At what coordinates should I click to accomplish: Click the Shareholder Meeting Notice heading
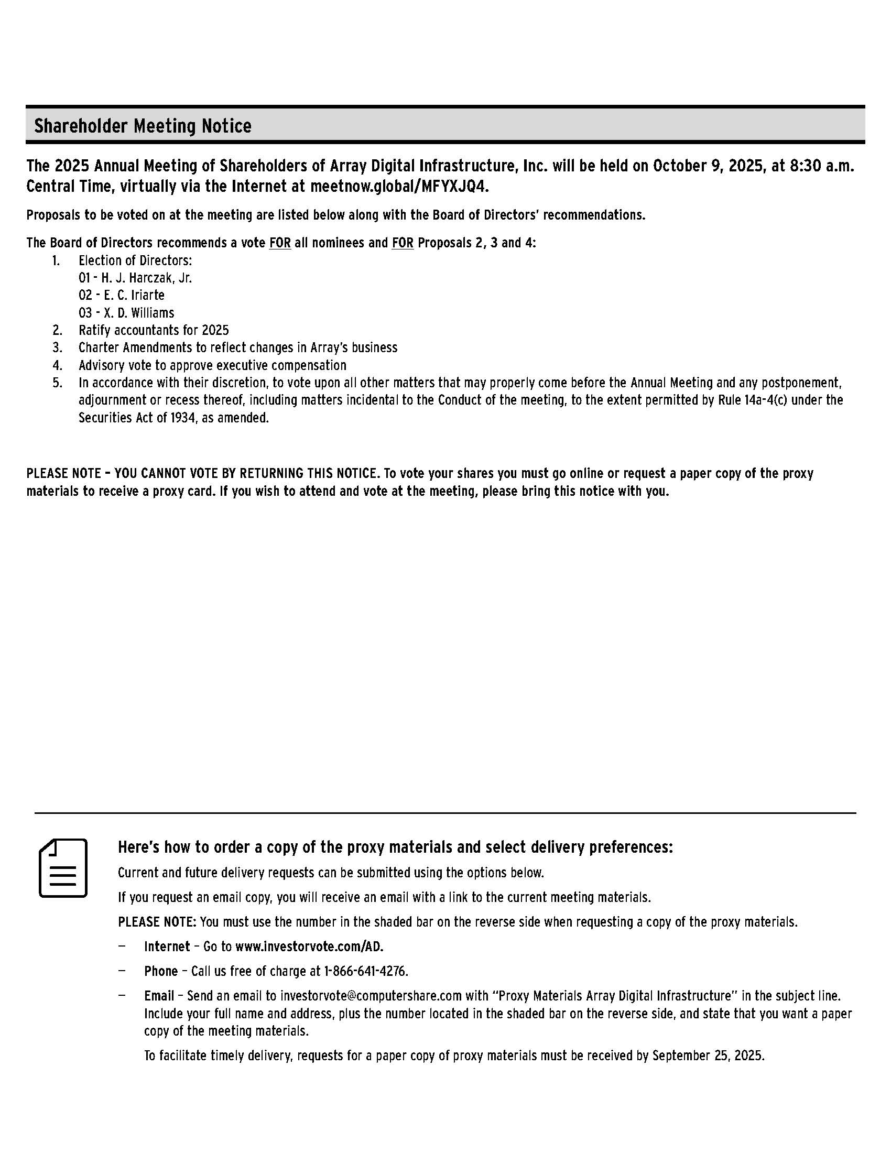coord(143,126)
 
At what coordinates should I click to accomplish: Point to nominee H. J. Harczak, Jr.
coord(135,278)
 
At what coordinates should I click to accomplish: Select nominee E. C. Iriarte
coord(122,295)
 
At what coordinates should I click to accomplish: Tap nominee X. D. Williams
coord(126,312)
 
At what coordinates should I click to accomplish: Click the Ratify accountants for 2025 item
coord(154,330)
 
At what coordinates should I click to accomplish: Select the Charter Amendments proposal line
coord(237,347)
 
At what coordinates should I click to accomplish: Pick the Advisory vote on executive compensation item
coord(212,365)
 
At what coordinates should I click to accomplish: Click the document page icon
coord(63,868)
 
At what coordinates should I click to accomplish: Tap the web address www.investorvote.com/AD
coord(309,947)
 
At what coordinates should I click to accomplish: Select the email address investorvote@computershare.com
coord(371,996)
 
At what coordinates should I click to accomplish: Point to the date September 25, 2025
coord(708,1056)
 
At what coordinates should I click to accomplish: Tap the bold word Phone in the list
coord(161,971)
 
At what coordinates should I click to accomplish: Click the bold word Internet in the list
coord(167,947)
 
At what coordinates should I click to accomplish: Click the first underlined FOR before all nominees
coord(280,243)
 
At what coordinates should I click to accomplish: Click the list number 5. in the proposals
coord(57,383)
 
